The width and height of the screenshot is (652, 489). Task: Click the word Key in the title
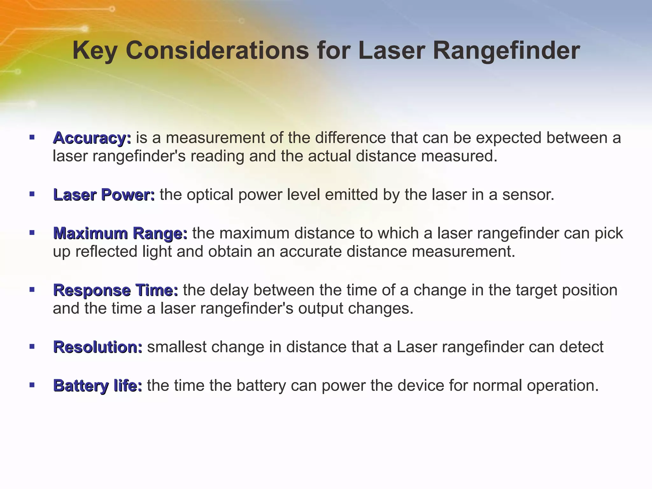[94, 51]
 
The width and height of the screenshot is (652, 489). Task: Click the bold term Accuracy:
[92, 138]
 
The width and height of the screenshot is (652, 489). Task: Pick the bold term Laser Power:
[104, 195]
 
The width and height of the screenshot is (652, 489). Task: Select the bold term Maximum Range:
[120, 233]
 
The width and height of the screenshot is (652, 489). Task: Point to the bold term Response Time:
[116, 290]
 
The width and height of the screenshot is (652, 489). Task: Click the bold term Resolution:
[98, 347]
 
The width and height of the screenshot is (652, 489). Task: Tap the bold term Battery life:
[97, 386]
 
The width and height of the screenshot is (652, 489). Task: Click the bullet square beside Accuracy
[32, 138]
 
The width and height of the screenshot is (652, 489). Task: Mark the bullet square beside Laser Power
[32, 194]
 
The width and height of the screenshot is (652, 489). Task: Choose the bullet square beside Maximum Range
[32, 233]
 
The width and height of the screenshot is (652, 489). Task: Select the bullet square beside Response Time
[32, 289]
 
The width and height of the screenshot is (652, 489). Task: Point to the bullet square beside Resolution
[32, 346]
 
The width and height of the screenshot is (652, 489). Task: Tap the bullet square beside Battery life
[32, 385]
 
